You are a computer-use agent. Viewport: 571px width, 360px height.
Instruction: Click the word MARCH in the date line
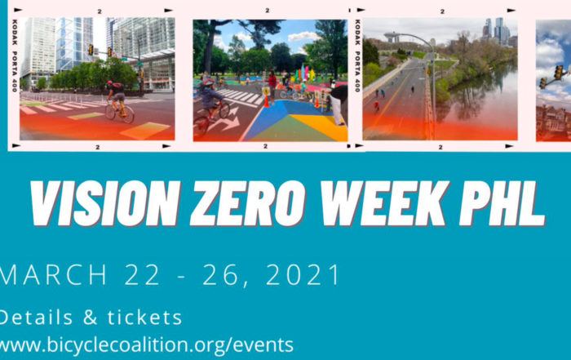tap(53, 274)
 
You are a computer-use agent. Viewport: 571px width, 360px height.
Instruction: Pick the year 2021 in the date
tap(303, 274)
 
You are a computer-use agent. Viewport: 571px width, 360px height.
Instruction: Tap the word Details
tap(35, 318)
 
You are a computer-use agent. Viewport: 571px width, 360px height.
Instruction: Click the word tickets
tap(144, 318)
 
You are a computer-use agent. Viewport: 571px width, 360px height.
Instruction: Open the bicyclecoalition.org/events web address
tap(146, 345)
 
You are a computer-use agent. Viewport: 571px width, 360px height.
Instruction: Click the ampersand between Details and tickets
tap(90, 318)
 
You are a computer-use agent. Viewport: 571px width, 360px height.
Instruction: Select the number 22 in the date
tap(143, 274)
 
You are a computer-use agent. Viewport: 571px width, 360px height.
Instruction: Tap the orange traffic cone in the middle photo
tap(267, 100)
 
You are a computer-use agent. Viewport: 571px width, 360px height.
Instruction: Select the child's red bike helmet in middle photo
tap(209, 82)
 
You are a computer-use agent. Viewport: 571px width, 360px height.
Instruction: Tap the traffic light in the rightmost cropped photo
tap(558, 72)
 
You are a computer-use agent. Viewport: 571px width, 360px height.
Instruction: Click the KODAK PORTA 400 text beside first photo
tap(15, 56)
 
